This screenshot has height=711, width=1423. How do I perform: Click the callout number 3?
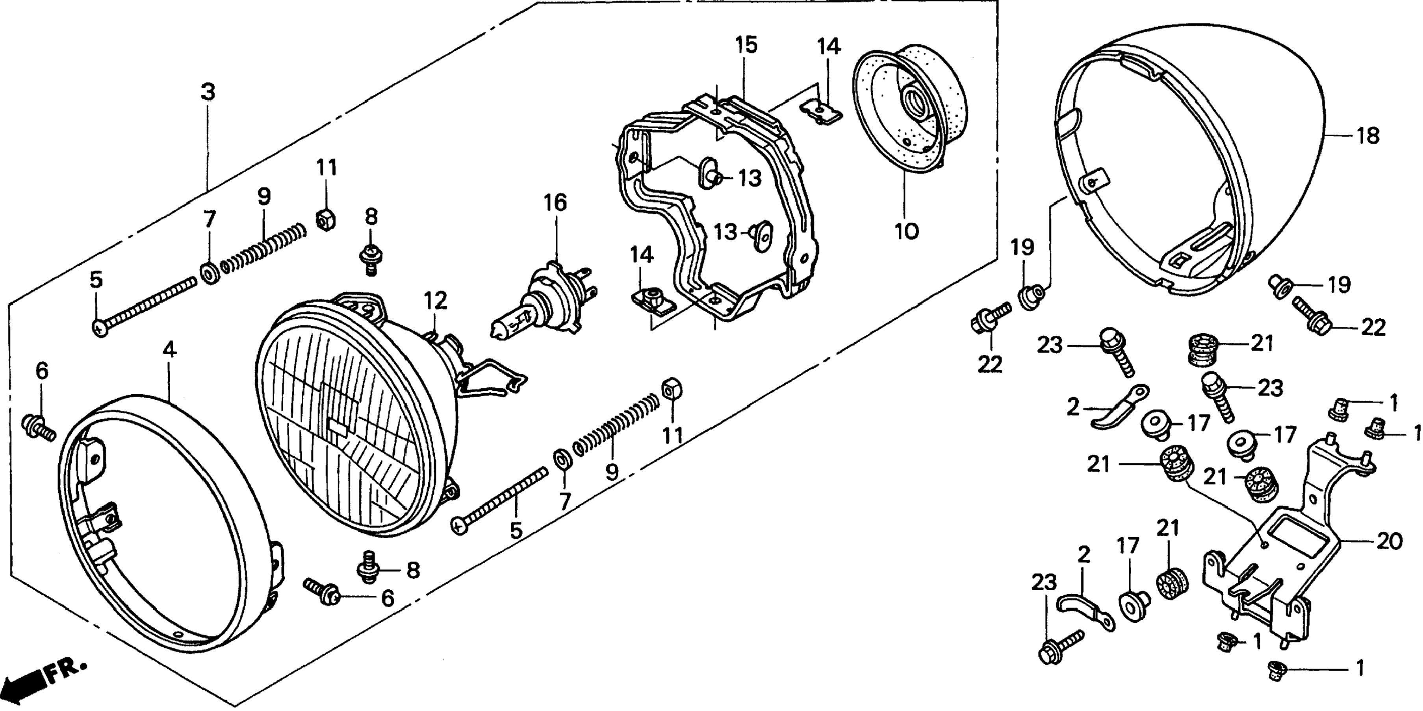point(207,92)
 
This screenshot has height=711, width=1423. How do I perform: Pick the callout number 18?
point(1368,136)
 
